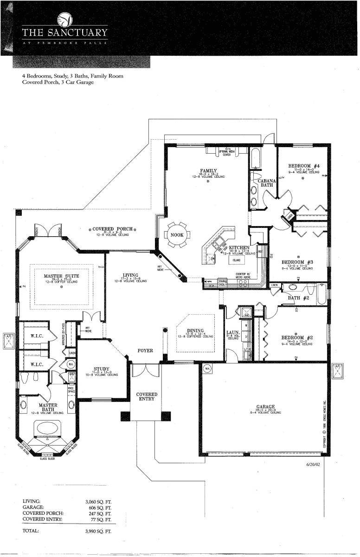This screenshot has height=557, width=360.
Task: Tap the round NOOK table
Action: tap(177, 235)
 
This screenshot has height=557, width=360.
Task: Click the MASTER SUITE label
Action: tap(61, 276)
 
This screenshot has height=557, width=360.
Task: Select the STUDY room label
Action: tap(101, 369)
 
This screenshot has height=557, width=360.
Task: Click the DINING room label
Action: tap(195, 330)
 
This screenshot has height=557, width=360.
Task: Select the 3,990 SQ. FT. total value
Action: tap(98, 531)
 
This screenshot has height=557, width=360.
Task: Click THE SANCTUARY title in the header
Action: tap(65, 33)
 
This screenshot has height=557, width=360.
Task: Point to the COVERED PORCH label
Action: tap(112, 229)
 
